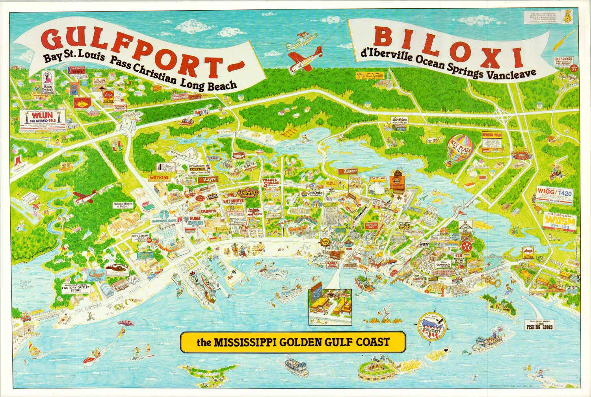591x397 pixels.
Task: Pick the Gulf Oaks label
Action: point(311,194)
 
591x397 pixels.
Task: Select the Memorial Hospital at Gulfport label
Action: point(121,205)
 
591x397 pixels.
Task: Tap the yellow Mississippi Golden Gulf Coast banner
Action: point(293,342)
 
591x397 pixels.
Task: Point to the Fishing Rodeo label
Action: point(539,327)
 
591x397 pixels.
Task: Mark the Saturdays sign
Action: point(233,201)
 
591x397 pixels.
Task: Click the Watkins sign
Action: point(159,178)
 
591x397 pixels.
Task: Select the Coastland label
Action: point(377,179)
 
